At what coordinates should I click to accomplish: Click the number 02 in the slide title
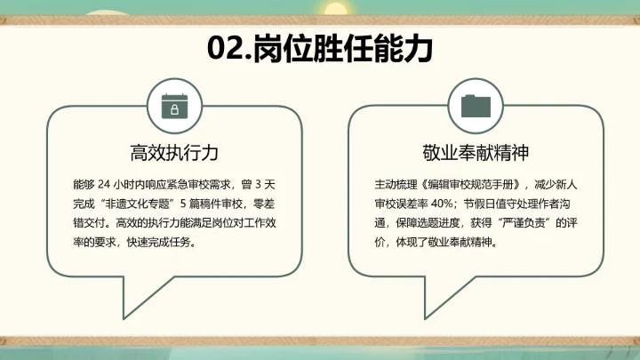225,48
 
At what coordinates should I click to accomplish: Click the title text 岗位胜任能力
343,48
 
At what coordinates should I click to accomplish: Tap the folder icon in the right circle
476,105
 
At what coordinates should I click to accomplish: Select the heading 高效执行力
174,152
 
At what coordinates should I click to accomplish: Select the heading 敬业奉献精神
476,152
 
